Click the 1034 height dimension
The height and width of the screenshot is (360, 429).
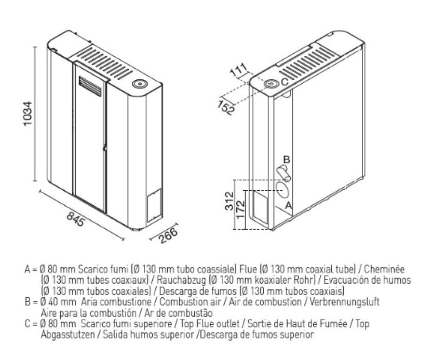click(28, 114)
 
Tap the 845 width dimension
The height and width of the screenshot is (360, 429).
click(75, 219)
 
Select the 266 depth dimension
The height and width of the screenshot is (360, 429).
click(168, 235)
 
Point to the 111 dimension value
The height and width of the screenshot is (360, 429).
click(238, 71)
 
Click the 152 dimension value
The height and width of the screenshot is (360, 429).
click(227, 107)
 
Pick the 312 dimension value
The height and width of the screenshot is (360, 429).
click(229, 201)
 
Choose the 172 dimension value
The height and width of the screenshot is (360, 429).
click(240, 210)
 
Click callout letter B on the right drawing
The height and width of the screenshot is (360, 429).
click(286, 160)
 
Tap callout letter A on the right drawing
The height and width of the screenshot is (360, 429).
click(288, 206)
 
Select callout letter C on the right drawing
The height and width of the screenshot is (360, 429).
click(285, 82)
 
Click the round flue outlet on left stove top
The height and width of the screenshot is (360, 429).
click(140, 84)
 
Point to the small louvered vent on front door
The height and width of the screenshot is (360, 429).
click(90, 86)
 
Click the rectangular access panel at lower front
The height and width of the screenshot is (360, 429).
click(154, 205)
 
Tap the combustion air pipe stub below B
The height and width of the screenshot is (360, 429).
click(284, 174)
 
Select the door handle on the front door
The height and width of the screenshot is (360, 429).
click(104, 148)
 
